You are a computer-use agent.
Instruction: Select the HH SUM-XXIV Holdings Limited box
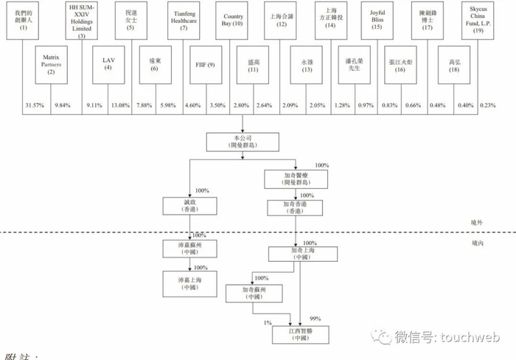[81, 21]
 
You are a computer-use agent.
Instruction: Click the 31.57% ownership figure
[34, 105]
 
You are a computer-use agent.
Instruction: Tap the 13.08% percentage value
[120, 105]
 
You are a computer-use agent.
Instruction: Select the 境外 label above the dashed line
[476, 223]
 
